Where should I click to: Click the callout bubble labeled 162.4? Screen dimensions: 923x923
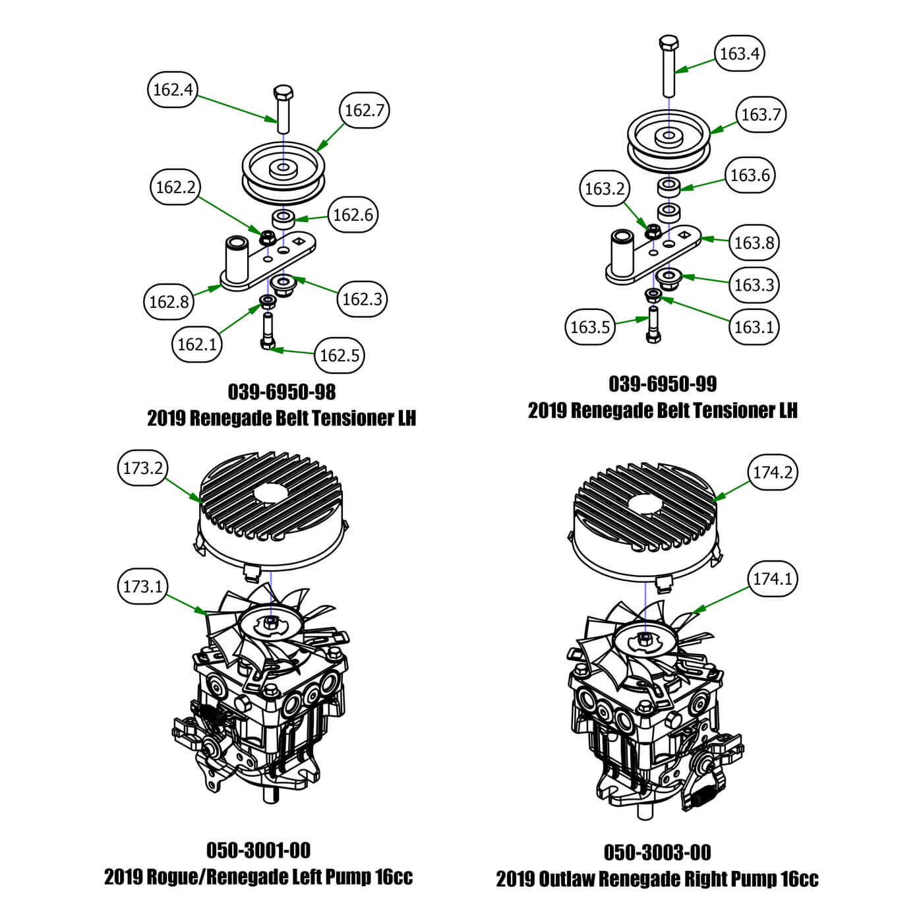tap(173, 89)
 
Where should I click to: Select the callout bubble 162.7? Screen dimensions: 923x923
tap(364, 110)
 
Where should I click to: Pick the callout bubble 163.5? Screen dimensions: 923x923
tap(589, 327)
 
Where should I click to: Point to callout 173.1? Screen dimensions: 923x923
tap(142, 586)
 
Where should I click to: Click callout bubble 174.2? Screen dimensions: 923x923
tap(772, 473)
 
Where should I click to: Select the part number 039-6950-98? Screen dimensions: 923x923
tap(282, 392)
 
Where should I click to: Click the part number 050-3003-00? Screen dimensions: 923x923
tap(657, 852)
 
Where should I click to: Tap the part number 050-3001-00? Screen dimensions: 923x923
tap(258, 850)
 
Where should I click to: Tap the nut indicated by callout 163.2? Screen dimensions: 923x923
tap(653, 231)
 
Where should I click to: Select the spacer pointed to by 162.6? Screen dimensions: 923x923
tap(284, 218)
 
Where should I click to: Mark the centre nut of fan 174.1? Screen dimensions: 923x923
tap(646, 638)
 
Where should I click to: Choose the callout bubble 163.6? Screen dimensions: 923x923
tap(750, 175)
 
